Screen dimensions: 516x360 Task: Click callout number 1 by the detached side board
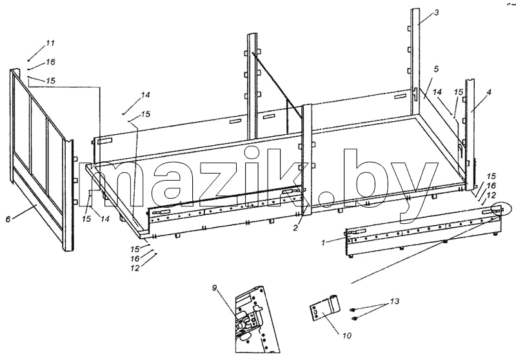pos(324,243)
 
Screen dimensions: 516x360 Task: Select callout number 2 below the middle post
pos(295,227)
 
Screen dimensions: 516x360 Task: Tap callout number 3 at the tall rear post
pos(437,13)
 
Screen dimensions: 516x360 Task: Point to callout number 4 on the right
pos(489,92)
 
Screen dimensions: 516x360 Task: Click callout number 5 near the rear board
pos(436,70)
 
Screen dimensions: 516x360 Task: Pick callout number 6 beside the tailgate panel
pos(8,219)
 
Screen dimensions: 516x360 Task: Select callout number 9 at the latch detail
pos(215,288)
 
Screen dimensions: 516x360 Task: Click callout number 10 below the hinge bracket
pos(346,335)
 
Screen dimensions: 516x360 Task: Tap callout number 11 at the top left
pos(50,43)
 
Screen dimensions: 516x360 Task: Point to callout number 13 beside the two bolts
pos(395,301)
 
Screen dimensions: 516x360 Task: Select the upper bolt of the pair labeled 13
pos(353,310)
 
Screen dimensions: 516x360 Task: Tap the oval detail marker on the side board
pos(499,209)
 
